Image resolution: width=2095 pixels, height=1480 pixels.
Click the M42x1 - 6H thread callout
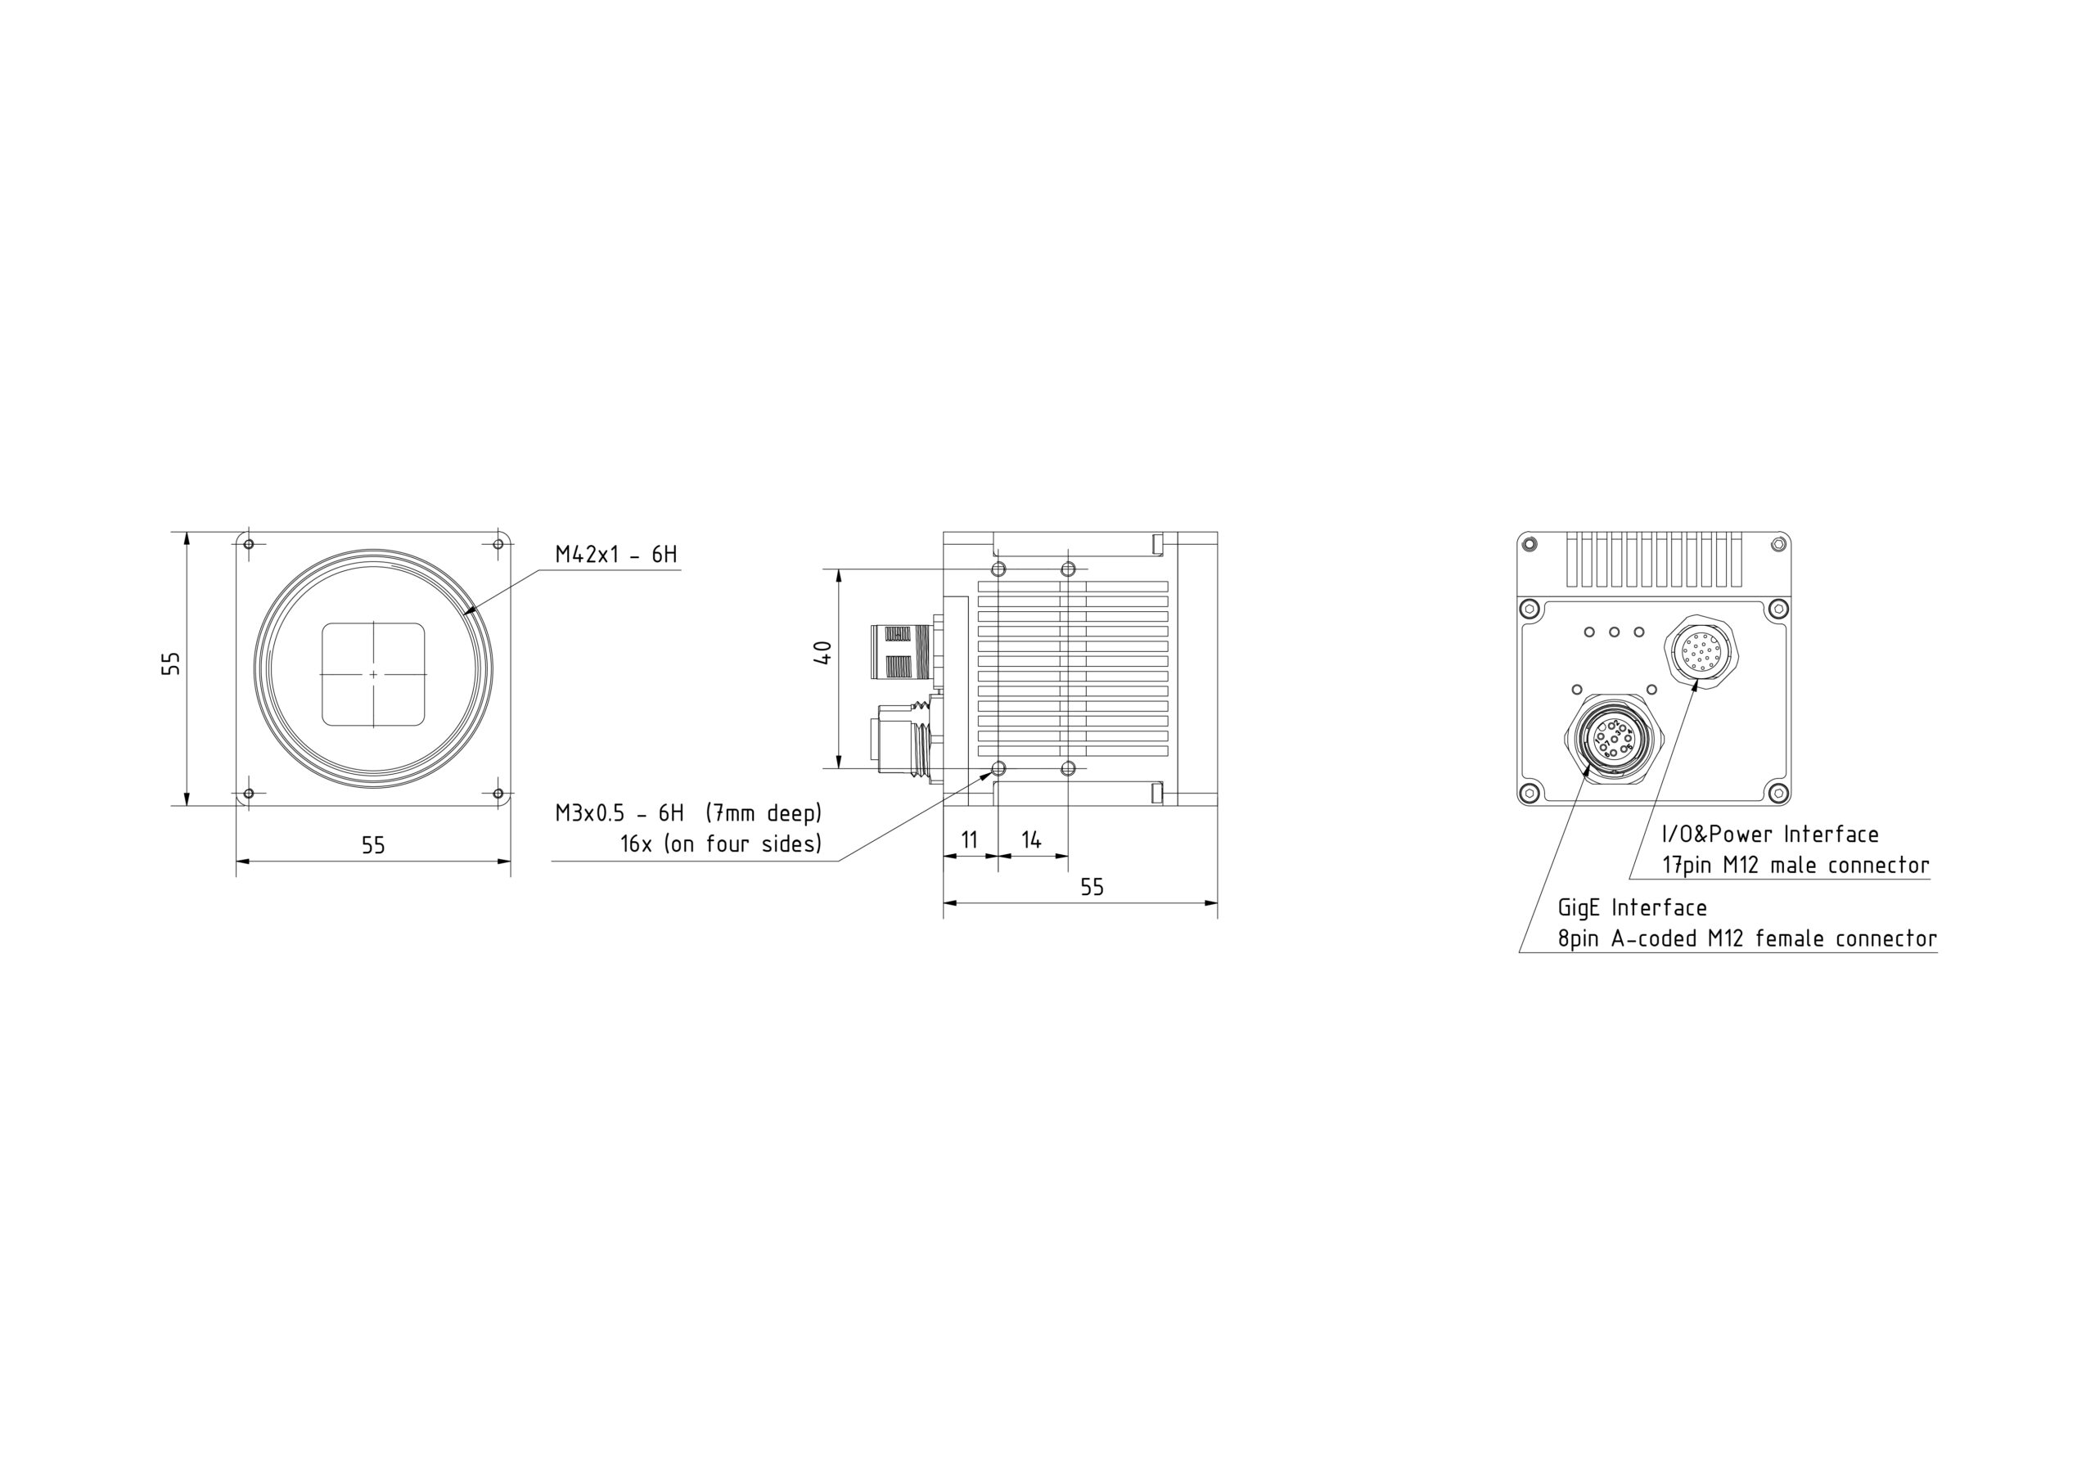coord(616,554)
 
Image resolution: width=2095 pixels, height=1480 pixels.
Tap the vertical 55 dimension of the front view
coord(171,664)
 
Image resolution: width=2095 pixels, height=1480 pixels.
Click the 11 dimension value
coord(969,839)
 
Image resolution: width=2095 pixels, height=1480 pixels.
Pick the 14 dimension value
coord(1031,839)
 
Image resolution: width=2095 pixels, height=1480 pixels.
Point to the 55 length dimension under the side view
coord(1093,887)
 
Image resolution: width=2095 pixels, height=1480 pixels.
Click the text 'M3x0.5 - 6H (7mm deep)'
coord(689,813)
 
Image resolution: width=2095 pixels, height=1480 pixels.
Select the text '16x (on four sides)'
coord(722,844)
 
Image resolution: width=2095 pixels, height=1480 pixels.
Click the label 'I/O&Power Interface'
coord(1770,834)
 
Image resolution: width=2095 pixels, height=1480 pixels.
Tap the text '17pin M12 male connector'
coord(1795,865)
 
